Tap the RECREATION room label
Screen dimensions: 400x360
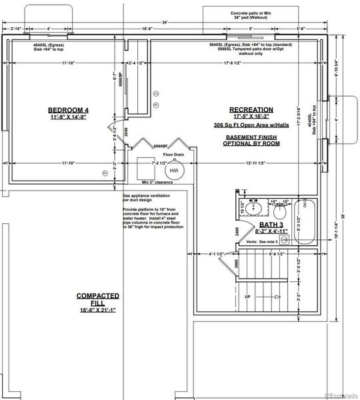251,109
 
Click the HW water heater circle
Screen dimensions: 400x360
174,171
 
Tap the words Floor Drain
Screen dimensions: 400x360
173,154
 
